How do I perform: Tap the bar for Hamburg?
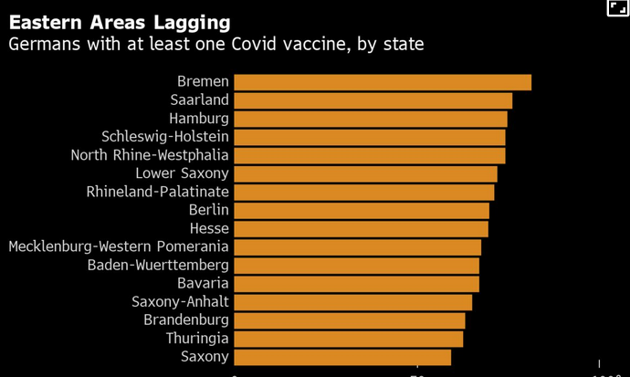point(370,119)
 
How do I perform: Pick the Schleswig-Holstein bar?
point(369,137)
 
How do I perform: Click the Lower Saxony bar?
point(365,173)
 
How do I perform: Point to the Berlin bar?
point(361,210)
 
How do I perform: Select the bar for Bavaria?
point(356,284)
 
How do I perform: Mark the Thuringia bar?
point(348,339)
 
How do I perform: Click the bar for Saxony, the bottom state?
point(342,357)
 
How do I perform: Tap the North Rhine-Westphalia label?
point(150,155)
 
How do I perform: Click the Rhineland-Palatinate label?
point(157,192)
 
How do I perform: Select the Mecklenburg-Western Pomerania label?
point(119,246)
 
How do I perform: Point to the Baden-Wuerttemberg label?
point(158,266)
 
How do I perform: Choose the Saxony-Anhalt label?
point(180,302)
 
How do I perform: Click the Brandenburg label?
point(186,320)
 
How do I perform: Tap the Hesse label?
point(209,228)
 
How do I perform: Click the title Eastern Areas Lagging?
point(119,20)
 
